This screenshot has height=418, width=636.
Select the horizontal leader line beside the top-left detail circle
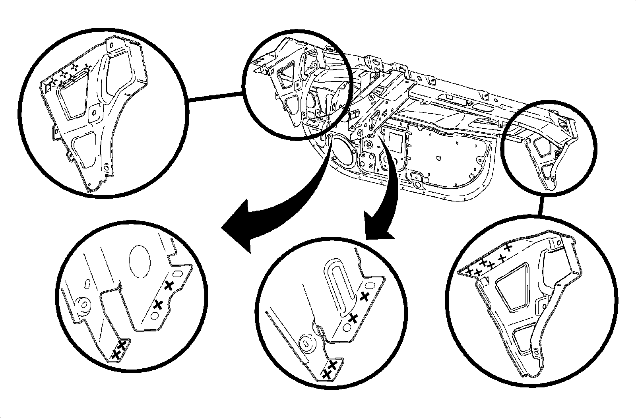coord(215,97)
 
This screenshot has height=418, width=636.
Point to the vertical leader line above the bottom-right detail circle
coord(541,205)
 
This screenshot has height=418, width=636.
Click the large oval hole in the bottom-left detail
coord(140,260)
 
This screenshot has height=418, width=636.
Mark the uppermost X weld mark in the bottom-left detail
coord(169,285)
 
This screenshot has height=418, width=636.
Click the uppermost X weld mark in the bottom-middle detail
coord(364,296)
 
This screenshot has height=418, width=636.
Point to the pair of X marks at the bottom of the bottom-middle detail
coord(330,368)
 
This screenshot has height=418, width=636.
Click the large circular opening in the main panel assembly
coord(341,151)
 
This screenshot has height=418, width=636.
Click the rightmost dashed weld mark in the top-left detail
coord(89,66)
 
